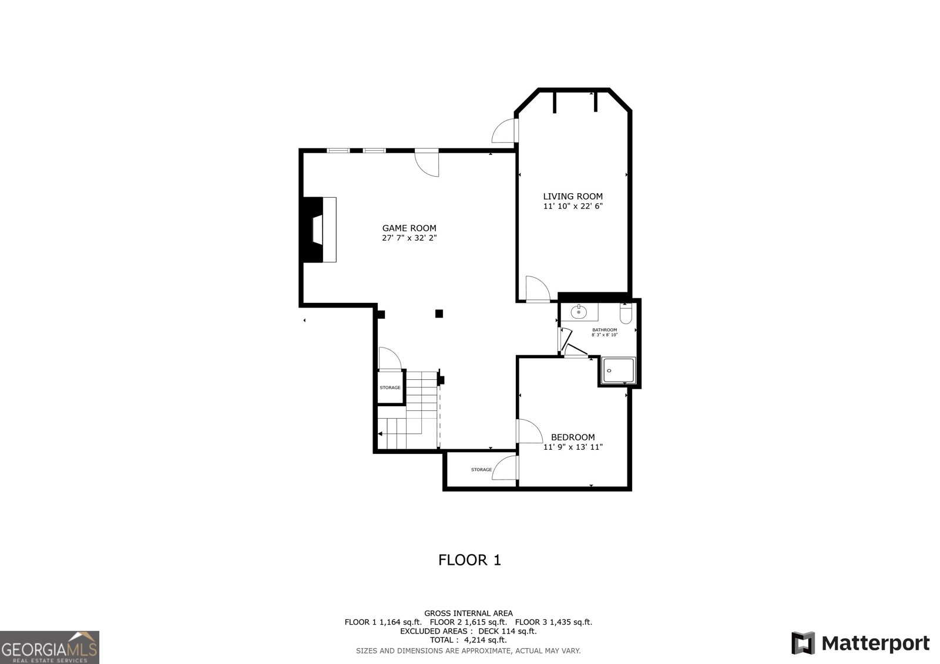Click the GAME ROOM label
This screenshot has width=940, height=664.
(409, 228)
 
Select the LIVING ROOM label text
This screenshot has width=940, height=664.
(572, 197)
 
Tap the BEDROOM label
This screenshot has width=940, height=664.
(572, 437)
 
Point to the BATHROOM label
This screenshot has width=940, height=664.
(605, 330)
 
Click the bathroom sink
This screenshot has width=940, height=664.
(579, 312)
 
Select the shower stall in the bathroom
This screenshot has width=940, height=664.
(618, 371)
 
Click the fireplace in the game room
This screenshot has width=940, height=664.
(318, 230)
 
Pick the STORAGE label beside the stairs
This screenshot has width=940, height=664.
(390, 387)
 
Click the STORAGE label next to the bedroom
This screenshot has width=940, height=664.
(481, 470)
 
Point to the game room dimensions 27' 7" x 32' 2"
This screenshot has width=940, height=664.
(409, 238)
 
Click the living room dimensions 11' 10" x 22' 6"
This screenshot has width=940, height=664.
(572, 207)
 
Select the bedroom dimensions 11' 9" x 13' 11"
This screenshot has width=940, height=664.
(572, 447)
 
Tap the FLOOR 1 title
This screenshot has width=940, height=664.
(469, 560)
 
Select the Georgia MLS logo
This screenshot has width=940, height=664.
(49, 647)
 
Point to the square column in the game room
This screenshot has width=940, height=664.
(439, 314)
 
